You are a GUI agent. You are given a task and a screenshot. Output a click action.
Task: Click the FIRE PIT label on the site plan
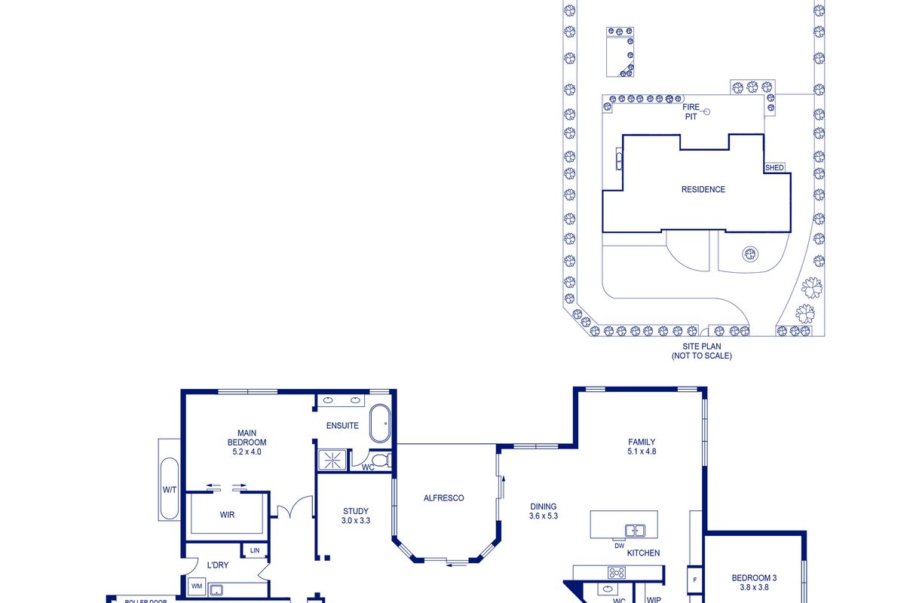(x=691, y=112)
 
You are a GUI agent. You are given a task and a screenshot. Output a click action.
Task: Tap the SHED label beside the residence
(x=774, y=167)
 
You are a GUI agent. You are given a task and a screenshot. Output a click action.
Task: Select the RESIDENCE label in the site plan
(x=703, y=189)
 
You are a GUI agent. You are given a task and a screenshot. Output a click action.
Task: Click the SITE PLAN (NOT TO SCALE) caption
(x=702, y=351)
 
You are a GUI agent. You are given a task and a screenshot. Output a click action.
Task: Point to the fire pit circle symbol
(x=706, y=112)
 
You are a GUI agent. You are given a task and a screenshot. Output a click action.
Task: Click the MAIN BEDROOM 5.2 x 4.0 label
(x=247, y=442)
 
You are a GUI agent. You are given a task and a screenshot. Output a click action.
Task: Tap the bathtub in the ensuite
(x=380, y=424)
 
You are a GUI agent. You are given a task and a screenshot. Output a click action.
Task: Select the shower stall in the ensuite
(x=332, y=460)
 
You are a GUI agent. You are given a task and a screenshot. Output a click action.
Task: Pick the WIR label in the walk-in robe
(x=227, y=515)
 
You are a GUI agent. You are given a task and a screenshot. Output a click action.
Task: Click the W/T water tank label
(x=170, y=490)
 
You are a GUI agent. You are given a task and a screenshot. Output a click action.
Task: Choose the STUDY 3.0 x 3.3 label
(x=356, y=516)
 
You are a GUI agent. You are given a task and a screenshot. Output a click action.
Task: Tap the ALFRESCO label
(x=443, y=498)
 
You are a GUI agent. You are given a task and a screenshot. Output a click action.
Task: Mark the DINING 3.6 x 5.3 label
(x=544, y=511)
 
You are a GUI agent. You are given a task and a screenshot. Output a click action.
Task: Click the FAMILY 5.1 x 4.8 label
(x=642, y=447)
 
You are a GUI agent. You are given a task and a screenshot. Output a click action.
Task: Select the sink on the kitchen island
(x=635, y=531)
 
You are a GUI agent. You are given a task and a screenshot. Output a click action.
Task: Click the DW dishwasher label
(x=619, y=546)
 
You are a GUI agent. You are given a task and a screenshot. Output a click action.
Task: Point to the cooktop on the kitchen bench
(x=616, y=572)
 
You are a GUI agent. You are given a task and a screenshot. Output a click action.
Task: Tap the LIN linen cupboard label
(x=255, y=550)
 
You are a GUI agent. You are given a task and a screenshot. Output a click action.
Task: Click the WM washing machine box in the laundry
(x=197, y=586)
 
